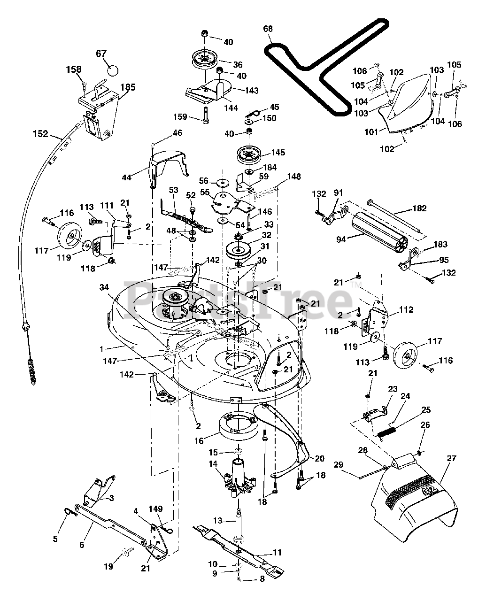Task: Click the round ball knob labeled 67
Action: pyautogui.click(x=113, y=70)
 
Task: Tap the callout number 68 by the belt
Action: pyautogui.click(x=268, y=29)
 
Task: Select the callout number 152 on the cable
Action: pyautogui.click(x=40, y=133)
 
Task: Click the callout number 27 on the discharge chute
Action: pyautogui.click(x=451, y=458)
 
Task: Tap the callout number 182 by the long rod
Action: pyautogui.click(x=419, y=208)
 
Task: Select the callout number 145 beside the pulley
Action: pyautogui.click(x=278, y=153)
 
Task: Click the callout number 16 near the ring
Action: pyautogui.click(x=199, y=440)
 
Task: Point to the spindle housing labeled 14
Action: pyautogui.click(x=239, y=478)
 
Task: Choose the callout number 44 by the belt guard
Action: pyautogui.click(x=126, y=177)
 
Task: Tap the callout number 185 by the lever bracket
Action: pyautogui.click(x=128, y=87)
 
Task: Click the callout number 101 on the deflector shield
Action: pyautogui.click(x=371, y=131)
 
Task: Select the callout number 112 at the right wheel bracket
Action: pyautogui.click(x=406, y=309)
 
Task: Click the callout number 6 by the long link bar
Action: pyautogui.click(x=82, y=544)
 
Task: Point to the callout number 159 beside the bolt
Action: pyautogui.click(x=180, y=116)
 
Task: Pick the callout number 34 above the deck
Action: pyautogui.click(x=104, y=287)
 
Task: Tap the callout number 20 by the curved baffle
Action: pyautogui.click(x=319, y=459)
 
